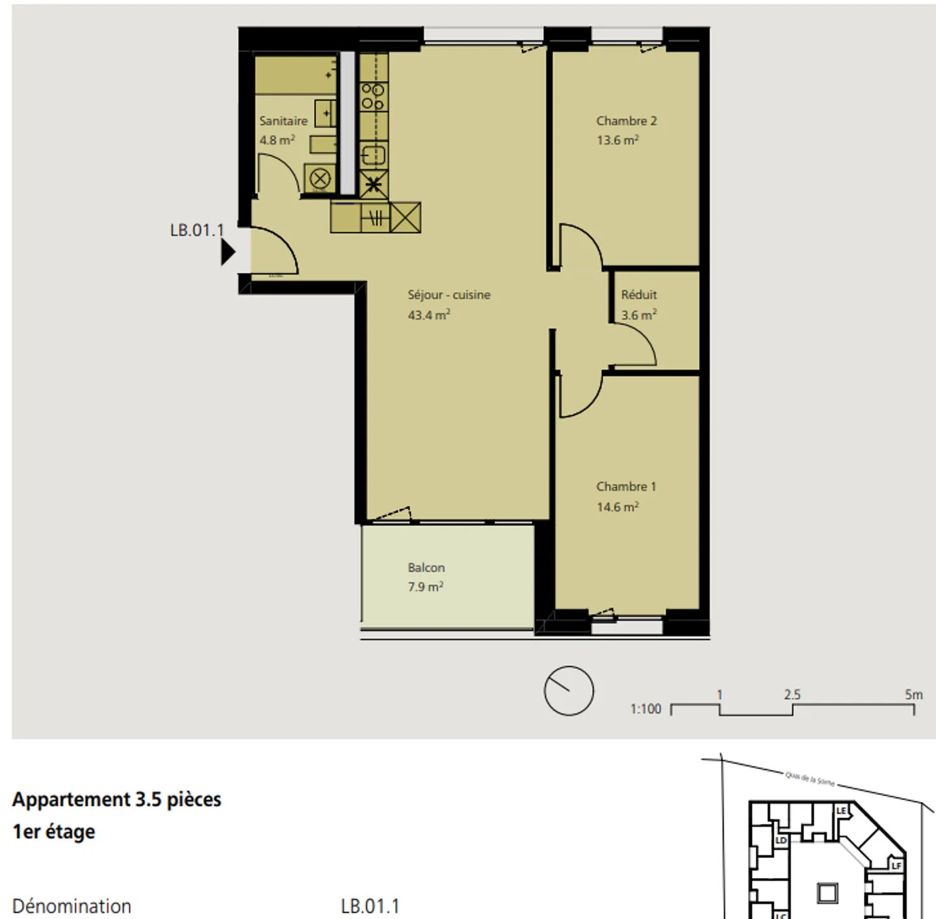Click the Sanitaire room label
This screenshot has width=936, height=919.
coord(283,121)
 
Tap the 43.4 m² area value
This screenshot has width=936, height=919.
coord(428,315)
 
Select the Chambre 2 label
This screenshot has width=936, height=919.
coord(626,121)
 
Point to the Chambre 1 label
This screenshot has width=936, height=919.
coord(626,486)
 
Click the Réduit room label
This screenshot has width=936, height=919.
coord(638,294)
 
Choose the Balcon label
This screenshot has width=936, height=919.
coord(426,567)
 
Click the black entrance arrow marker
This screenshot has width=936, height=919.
coord(227,252)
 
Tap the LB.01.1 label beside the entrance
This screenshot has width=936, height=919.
coord(196,231)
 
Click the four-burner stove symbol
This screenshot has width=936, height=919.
coord(373,96)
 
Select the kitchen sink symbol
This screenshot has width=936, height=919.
coord(373,155)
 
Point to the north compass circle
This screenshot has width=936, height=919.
coord(569,691)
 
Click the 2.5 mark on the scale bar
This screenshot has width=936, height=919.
coord(792,695)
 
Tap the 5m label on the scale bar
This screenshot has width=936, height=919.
coord(913,695)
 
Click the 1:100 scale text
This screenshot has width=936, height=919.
coord(645,709)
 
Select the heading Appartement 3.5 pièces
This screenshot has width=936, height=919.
coord(117,799)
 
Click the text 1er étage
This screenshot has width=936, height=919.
coord(54,832)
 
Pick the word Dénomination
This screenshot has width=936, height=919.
coord(71,906)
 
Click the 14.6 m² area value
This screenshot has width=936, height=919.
coord(617,507)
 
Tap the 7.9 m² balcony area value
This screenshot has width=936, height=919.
coord(425,587)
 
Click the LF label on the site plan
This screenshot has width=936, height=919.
coord(896,866)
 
